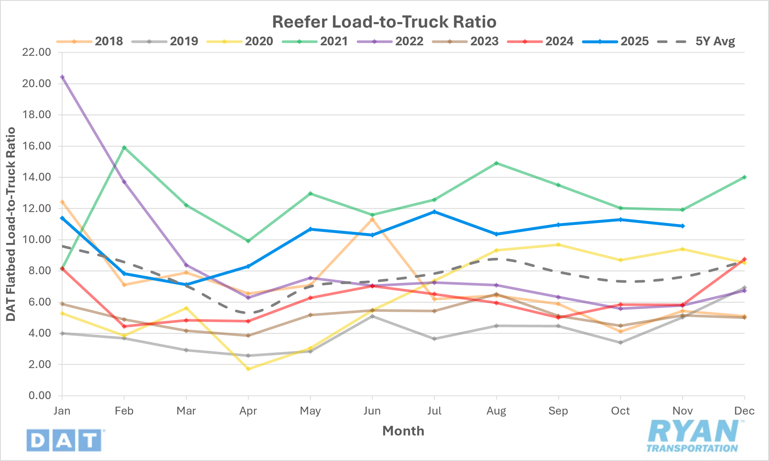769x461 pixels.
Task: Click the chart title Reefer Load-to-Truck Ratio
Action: coord(384,22)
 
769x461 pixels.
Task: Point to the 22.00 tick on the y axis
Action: coord(36,52)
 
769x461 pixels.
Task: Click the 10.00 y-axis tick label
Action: coord(36,240)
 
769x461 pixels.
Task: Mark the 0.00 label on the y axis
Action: coord(40,395)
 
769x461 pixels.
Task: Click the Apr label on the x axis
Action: coord(248,411)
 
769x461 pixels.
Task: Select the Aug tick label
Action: coord(496,411)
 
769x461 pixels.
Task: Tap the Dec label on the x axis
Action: coord(744,411)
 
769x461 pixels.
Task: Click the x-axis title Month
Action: coord(403,431)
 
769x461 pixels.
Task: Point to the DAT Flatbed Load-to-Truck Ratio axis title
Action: coord(11,224)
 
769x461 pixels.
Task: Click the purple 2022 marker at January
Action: coord(62,77)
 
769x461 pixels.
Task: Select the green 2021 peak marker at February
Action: coord(124,147)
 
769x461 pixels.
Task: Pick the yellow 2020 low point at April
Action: coord(248,369)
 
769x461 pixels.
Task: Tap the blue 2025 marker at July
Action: coord(434,212)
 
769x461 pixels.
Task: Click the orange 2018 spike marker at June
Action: coord(372,219)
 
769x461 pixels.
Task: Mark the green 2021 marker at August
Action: coord(497,163)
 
